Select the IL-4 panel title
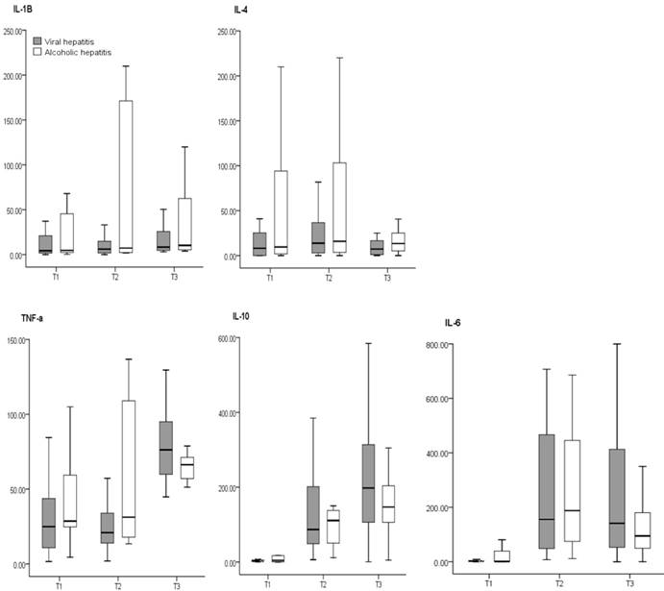point(241,8)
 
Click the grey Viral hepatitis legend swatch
point(38,41)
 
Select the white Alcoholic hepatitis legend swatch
point(38,53)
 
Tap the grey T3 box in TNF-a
point(166,448)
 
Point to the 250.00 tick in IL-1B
point(13,32)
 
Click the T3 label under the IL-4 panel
point(387,278)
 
